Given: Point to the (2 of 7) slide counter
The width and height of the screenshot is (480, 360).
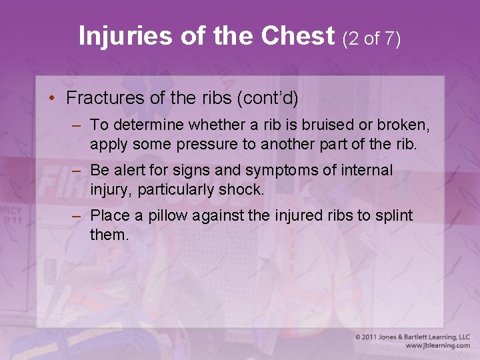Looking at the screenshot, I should (x=371, y=38).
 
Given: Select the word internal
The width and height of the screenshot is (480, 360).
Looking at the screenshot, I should (x=367, y=171).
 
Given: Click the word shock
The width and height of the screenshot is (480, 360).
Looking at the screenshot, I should (x=241, y=189).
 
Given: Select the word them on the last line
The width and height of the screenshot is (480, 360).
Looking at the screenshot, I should (x=109, y=235).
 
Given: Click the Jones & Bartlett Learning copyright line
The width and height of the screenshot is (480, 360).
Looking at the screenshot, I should (x=412, y=337).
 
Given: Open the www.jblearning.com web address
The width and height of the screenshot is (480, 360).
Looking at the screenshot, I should (x=437, y=345).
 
